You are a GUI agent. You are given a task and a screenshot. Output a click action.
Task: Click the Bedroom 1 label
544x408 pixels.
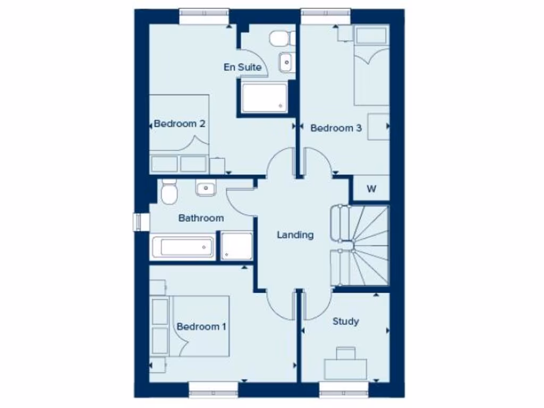pyautogui.click(x=201, y=327)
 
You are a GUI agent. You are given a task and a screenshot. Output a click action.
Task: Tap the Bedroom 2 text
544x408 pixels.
pyautogui.click(x=180, y=124)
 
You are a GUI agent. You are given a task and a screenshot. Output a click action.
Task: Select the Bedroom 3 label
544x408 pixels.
pyautogui.click(x=336, y=128)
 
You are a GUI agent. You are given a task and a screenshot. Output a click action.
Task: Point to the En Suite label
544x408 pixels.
pyautogui.click(x=242, y=67)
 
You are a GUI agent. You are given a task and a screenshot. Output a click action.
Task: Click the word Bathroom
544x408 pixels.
pyautogui.click(x=201, y=218)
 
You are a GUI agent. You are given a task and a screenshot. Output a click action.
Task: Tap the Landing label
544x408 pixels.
pyautogui.click(x=295, y=235)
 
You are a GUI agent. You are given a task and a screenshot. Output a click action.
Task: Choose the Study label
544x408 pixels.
pyautogui.click(x=345, y=321)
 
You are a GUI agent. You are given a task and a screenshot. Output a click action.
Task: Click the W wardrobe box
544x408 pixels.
pyautogui.click(x=371, y=190)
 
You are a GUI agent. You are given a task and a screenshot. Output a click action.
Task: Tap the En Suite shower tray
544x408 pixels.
pyautogui.click(x=264, y=98)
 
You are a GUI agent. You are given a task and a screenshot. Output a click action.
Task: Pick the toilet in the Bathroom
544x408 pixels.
pyautogui.click(x=169, y=192)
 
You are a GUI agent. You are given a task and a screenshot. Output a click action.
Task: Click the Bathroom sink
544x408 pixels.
pyautogui.click(x=205, y=188)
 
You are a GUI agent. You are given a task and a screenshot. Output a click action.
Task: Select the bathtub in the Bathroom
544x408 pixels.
pyautogui.click(x=183, y=247)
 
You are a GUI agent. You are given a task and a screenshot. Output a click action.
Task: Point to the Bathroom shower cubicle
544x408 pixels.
pyautogui.click(x=236, y=246)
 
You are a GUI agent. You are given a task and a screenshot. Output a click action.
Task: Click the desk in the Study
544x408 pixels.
pyautogui.click(x=346, y=367)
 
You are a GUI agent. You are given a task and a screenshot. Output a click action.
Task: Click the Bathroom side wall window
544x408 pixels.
pyautogui.click(x=140, y=222)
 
